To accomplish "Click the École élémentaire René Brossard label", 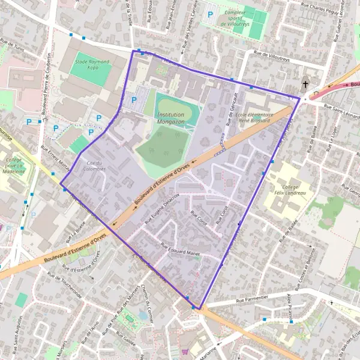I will [254, 117].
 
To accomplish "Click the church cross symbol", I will [305, 84].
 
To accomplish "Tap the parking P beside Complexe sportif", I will [210, 14].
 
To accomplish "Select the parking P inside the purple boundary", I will [134, 100].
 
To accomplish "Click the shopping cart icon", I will [185, 352].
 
